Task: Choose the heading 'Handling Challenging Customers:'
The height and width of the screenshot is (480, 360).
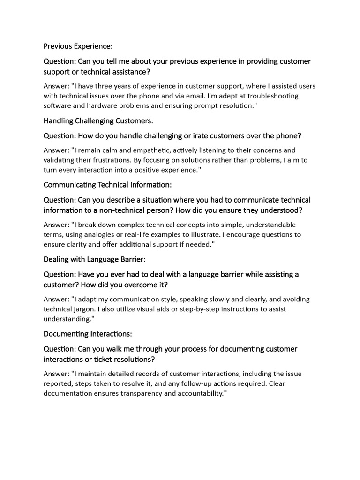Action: tap(98, 121)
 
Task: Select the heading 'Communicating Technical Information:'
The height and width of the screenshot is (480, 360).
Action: tap(108, 185)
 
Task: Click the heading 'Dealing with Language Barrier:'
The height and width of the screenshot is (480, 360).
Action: tap(96, 259)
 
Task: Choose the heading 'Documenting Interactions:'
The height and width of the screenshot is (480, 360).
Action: tap(88, 334)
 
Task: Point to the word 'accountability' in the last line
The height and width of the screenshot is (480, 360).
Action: tap(201, 393)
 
